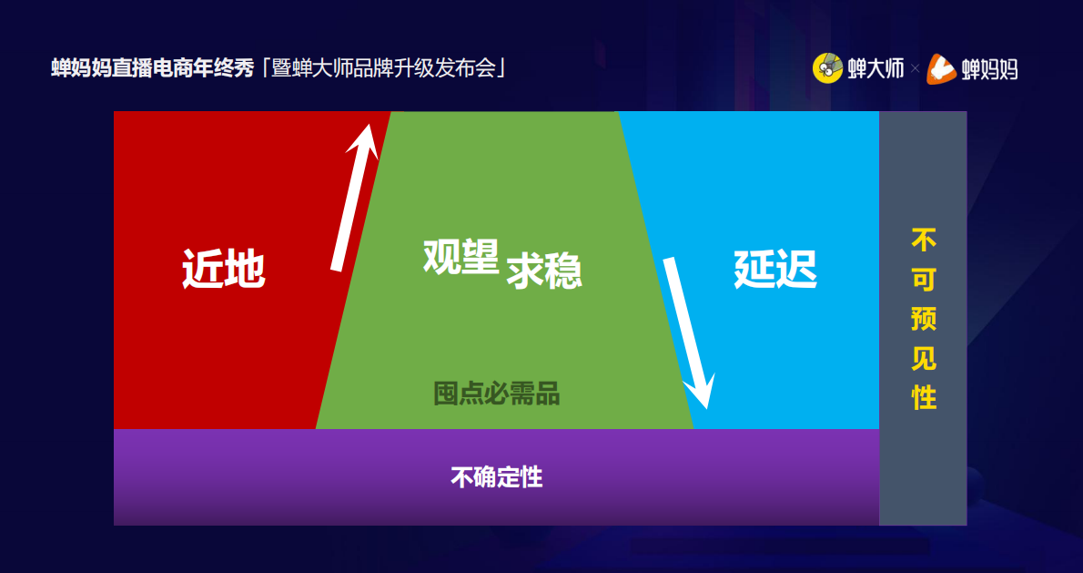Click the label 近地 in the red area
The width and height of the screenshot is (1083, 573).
(x=223, y=269)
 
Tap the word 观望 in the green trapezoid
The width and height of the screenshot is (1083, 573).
(x=461, y=257)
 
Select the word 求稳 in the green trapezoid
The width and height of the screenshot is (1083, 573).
(x=544, y=271)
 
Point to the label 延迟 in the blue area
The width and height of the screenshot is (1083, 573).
(x=775, y=269)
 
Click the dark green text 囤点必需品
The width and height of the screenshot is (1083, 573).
(x=496, y=394)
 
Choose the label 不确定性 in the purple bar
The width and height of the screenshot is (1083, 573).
(x=496, y=476)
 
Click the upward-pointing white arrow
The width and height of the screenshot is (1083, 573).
(x=353, y=196)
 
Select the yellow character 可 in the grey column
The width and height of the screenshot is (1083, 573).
(x=924, y=280)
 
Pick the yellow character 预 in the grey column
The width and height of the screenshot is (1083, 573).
(x=924, y=319)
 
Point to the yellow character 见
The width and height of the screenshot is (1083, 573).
(x=924, y=358)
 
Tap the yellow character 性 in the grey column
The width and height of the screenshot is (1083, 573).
(x=924, y=398)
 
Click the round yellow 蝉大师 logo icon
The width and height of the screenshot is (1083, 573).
(x=827, y=68)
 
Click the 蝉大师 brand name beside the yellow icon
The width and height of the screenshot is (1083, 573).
(x=876, y=68)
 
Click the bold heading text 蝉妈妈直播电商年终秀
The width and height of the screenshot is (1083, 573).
(x=152, y=68)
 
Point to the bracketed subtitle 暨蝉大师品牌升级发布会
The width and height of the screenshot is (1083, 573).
(x=383, y=68)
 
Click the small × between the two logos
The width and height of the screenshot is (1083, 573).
(x=915, y=69)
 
